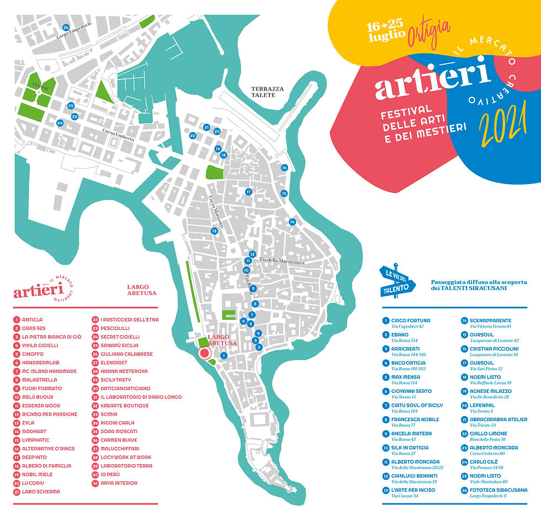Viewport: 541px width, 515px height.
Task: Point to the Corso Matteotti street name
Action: (215, 212)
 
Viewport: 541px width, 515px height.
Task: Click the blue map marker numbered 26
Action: (66, 27)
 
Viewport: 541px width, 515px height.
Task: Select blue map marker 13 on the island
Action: (214, 230)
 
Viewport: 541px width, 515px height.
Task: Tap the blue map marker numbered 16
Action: (284, 167)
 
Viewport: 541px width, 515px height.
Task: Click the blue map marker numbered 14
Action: (292, 222)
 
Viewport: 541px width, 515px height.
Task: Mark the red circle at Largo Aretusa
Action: (205, 353)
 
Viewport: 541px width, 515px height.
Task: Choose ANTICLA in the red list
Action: (32, 319)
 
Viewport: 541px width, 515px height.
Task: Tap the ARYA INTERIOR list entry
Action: (118, 483)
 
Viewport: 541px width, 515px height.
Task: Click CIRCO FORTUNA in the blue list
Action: (410, 320)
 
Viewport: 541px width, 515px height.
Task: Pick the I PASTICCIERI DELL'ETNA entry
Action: (129, 319)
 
